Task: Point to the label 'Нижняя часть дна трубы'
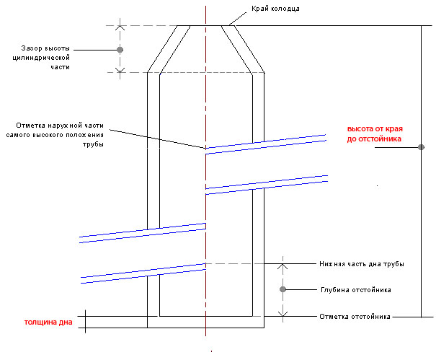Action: point(361,264)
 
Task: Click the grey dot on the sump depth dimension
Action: point(283,290)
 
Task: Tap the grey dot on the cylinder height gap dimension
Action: point(120,50)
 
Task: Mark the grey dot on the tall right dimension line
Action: point(419,148)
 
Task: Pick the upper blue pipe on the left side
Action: point(143,232)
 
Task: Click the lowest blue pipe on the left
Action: point(143,271)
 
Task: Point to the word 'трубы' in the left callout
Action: point(94,144)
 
